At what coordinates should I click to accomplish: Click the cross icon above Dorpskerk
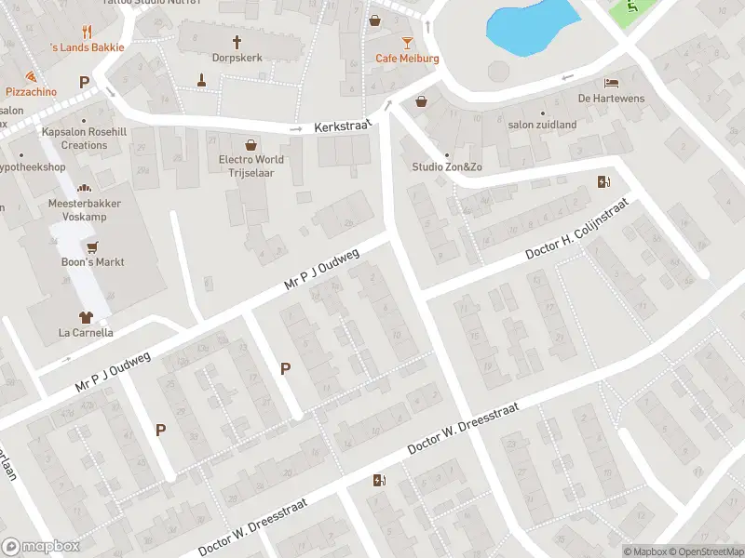tap(237, 43)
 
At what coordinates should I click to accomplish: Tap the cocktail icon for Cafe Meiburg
tap(407, 43)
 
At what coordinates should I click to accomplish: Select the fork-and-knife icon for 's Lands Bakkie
tap(87, 31)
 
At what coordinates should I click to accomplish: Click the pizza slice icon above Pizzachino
tap(31, 76)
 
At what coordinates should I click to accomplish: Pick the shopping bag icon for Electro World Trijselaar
tap(251, 144)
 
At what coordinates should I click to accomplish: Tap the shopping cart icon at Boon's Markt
tap(91, 247)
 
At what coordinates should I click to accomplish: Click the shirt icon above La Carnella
tap(86, 317)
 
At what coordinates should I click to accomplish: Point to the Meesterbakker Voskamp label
tap(85, 208)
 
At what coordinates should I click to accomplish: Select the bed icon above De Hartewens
tap(611, 83)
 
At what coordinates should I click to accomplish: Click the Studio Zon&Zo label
tap(447, 166)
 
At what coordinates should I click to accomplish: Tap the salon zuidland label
tap(542, 125)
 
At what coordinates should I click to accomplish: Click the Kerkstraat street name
tap(343, 126)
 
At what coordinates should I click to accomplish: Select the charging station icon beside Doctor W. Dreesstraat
tap(378, 480)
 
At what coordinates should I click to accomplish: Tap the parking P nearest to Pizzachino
tap(84, 83)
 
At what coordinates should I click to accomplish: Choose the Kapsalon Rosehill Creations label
tap(85, 139)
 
